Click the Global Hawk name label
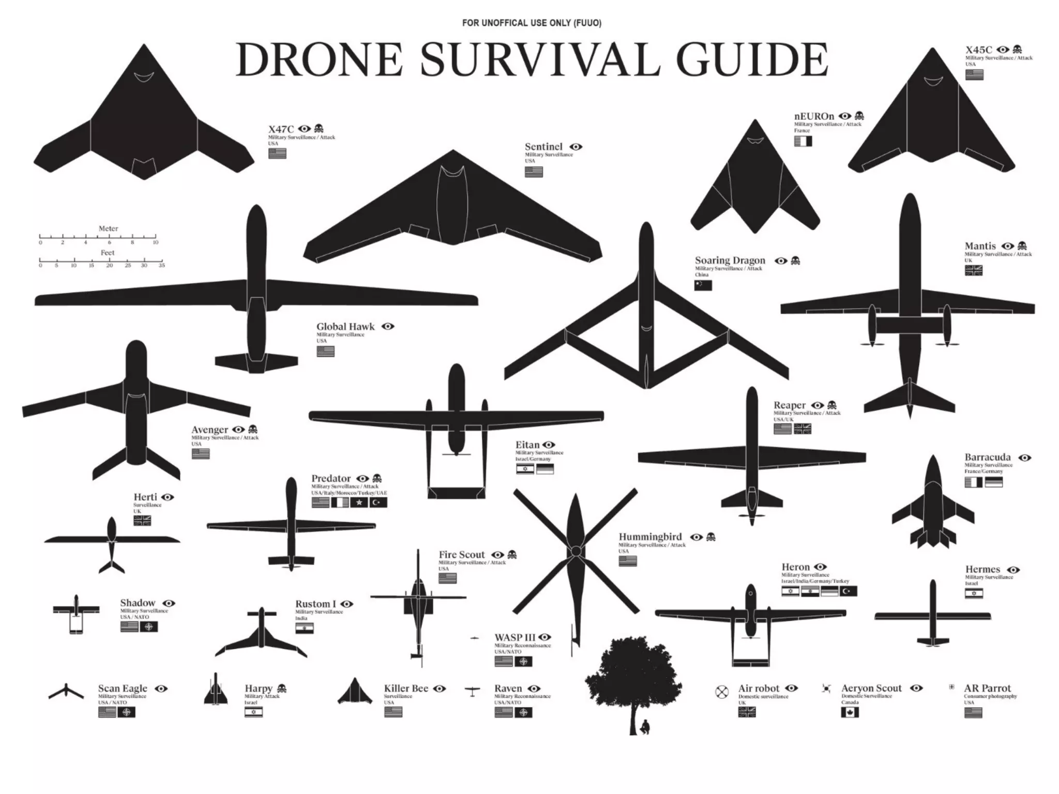[345, 327]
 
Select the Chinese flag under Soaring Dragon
[703, 285]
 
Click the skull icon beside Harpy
[282, 689]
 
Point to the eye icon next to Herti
[168, 497]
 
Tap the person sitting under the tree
[644, 727]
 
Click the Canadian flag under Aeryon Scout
[850, 712]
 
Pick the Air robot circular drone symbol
[722, 692]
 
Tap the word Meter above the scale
[109, 228]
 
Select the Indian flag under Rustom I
[305, 629]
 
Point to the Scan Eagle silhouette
[66, 692]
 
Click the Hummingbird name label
[650, 537]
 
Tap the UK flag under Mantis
[973, 270]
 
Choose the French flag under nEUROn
[803, 141]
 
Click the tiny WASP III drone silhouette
[475, 639]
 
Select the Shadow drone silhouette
[76, 613]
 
